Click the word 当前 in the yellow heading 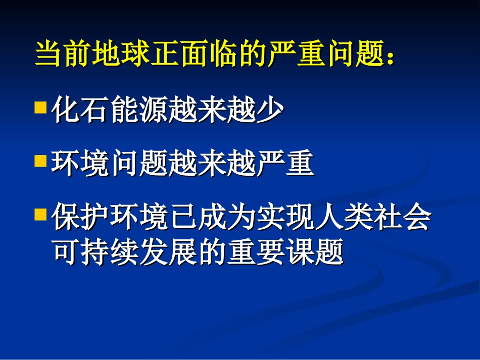(x=64, y=54)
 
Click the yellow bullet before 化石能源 (x=40, y=108)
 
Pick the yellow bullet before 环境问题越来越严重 (x=40, y=162)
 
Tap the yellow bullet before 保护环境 (x=40, y=216)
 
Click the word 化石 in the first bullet (x=81, y=110)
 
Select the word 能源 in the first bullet (x=138, y=110)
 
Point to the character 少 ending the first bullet (x=268, y=110)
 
